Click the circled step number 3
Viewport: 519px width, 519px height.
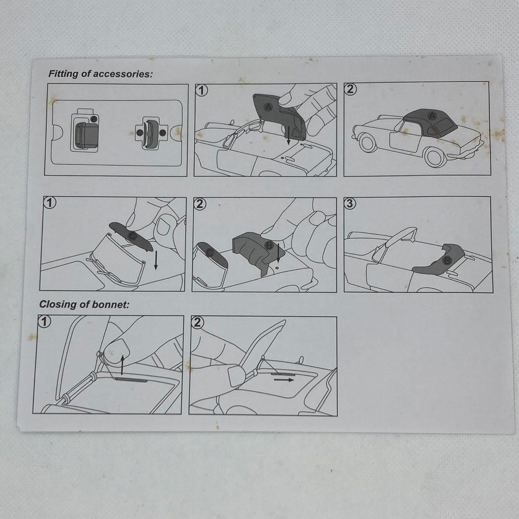coord(350,203)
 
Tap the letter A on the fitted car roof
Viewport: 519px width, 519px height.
coord(432,116)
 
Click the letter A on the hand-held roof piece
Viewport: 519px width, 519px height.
coord(268,107)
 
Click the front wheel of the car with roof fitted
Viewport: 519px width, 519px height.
coord(368,143)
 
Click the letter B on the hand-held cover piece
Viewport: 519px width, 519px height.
coord(269,245)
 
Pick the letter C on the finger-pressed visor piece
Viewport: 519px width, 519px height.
coord(133,235)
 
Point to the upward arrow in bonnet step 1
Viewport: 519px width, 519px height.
coord(122,365)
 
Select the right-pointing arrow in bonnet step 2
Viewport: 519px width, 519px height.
coord(284,380)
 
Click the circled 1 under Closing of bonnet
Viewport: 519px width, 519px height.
coord(44,321)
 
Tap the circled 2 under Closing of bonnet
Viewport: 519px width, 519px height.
coord(198,322)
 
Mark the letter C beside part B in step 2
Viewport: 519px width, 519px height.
coord(210,253)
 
